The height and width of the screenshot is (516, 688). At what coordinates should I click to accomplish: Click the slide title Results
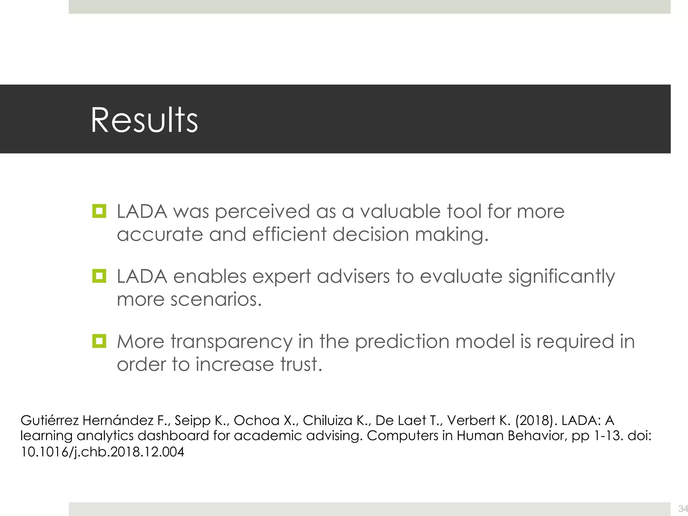pyautogui.click(x=144, y=120)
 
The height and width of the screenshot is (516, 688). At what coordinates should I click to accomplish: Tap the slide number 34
pyautogui.click(x=682, y=508)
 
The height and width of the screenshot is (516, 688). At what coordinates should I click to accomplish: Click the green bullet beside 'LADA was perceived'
pyautogui.click(x=99, y=211)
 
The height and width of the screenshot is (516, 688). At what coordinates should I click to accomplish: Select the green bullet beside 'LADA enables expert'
pyautogui.click(x=99, y=276)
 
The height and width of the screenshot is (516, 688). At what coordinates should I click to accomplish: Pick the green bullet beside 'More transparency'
pyautogui.click(x=99, y=341)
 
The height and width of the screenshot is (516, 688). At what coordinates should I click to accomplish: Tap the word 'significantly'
pyautogui.click(x=561, y=277)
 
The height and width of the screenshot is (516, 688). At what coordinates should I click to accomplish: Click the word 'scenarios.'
pyautogui.click(x=216, y=299)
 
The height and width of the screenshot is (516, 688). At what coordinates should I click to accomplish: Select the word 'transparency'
pyautogui.click(x=231, y=342)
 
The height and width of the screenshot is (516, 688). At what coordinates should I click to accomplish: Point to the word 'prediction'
pyautogui.click(x=402, y=342)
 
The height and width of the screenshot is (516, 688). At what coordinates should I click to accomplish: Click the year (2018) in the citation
pyautogui.click(x=534, y=421)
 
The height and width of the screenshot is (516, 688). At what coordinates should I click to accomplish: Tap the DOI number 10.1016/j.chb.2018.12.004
pyautogui.click(x=102, y=452)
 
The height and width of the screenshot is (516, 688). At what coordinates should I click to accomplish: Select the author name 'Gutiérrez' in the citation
pyautogui.click(x=49, y=421)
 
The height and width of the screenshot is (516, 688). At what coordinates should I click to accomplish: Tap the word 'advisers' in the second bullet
pyautogui.click(x=353, y=277)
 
